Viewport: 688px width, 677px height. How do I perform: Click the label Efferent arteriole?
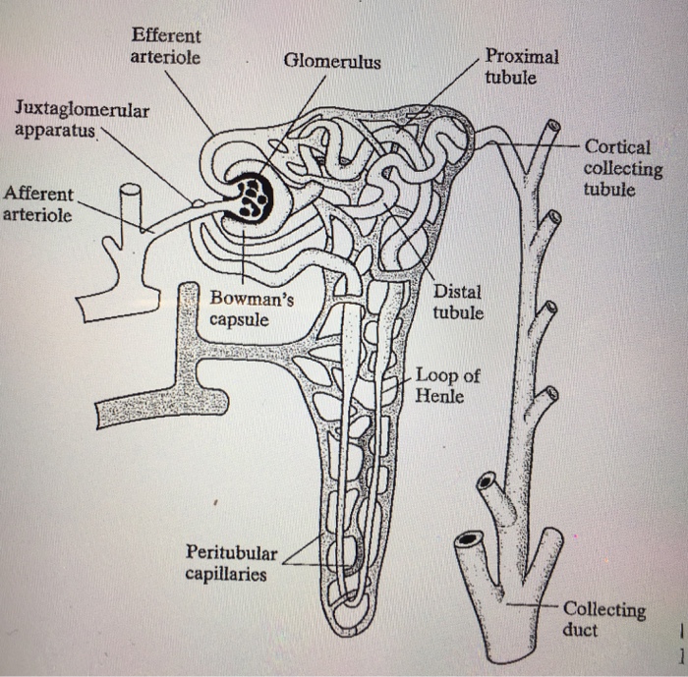165,47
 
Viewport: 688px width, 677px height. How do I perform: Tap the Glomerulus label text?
332,63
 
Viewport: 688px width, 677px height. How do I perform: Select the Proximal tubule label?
521,67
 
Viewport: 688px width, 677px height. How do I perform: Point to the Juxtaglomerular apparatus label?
83,120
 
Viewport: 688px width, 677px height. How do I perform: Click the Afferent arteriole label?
37,204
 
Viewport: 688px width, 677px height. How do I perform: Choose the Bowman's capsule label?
251,309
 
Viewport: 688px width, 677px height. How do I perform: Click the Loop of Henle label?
446,385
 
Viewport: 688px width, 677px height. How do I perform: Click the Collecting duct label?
603,620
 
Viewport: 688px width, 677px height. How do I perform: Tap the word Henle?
439,396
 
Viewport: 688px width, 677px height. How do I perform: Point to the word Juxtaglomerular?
83,110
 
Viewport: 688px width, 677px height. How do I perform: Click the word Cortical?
617,147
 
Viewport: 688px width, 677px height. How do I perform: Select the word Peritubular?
232,553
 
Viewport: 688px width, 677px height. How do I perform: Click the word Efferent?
165,36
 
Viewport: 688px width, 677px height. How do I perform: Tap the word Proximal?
521,56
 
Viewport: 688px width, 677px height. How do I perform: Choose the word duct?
580,630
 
